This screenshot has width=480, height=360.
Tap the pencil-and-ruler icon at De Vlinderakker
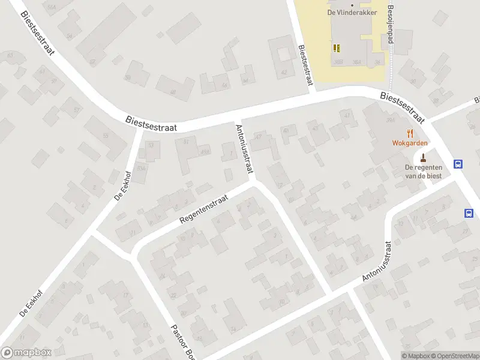[x=336, y=47]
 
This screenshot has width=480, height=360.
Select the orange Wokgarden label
[x=410, y=143]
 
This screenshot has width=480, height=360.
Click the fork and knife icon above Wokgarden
[x=410, y=133]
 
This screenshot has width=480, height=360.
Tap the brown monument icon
[x=424, y=158]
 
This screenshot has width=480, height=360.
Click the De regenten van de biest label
[x=424, y=171]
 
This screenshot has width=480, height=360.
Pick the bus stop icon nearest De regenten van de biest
[x=458, y=164]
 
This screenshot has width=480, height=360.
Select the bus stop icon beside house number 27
[x=469, y=212]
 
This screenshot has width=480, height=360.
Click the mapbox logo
[x=26, y=353]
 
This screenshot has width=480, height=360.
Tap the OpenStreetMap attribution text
[x=454, y=356]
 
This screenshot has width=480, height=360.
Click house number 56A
[x=52, y=7]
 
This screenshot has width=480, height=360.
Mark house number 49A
[x=205, y=151]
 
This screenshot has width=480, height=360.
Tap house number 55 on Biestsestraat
[x=106, y=136]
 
